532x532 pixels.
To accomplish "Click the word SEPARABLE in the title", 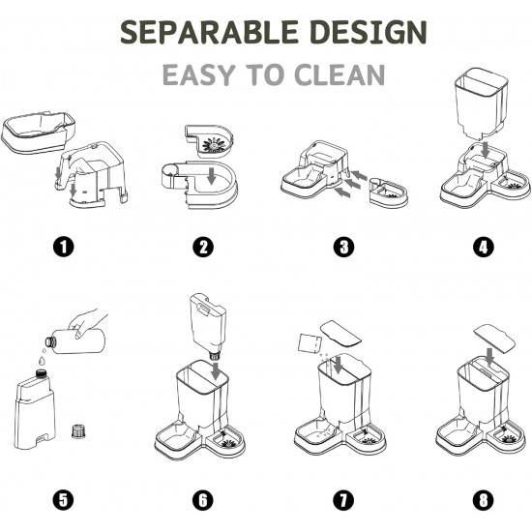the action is click(209, 32).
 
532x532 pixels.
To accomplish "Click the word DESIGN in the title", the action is click(369, 32).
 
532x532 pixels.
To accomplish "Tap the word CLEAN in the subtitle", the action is click(340, 74).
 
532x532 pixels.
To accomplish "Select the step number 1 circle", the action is click(64, 247).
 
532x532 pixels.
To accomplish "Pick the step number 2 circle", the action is click(203, 247).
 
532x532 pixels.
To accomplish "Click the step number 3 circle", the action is click(343, 247).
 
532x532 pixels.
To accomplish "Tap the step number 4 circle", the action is click(483, 247).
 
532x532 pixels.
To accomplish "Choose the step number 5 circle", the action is click(64, 500).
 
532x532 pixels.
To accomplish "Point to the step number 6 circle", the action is click(203, 500).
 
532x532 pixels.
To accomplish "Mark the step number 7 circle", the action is click(343, 500).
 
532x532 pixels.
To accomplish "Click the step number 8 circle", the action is click(483, 500).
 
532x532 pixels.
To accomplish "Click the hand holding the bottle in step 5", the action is click(85, 323).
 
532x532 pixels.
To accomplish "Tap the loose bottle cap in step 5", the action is click(79, 430).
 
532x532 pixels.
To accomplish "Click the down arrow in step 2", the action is click(212, 175).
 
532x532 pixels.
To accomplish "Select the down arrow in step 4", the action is click(486, 150).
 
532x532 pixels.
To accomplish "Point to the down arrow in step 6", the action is click(216, 371).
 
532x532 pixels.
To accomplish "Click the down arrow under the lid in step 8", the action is click(489, 356).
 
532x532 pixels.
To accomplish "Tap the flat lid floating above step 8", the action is click(494, 338).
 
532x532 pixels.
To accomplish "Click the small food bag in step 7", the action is click(310, 343).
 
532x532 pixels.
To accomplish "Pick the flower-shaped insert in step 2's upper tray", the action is click(214, 145).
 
